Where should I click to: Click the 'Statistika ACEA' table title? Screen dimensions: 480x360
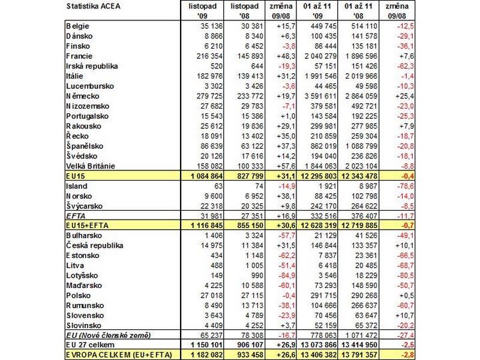point(94,6)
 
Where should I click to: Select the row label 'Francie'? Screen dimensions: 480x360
point(79,56)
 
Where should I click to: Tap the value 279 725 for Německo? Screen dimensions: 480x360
point(209,96)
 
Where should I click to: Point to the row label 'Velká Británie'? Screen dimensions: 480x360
point(91,166)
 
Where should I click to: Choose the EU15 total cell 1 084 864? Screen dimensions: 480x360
point(206,176)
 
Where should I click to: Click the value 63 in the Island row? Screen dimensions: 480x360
point(218,186)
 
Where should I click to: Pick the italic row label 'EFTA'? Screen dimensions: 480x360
point(76,216)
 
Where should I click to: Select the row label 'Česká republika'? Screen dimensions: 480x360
point(95,245)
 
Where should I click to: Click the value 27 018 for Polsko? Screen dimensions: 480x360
point(212,295)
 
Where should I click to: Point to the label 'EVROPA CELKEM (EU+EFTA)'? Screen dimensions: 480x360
point(119,355)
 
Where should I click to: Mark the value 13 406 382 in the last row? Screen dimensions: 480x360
point(319,355)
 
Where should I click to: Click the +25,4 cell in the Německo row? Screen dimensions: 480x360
point(404,96)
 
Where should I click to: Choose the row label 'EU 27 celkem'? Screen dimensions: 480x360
point(91,344)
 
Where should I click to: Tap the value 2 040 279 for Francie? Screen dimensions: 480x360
point(320,56)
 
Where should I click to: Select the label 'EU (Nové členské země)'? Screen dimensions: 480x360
point(109,335)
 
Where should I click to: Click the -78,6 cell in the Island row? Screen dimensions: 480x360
point(406,186)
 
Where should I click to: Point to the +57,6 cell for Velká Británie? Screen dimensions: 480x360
point(286,166)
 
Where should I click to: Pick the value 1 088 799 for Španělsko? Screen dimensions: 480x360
point(361,146)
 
